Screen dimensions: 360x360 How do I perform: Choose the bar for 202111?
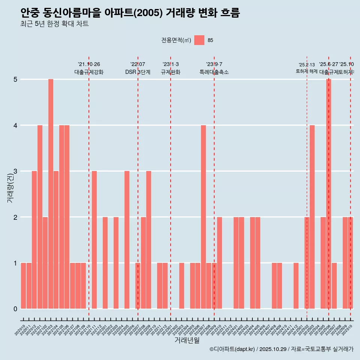tap(94, 240)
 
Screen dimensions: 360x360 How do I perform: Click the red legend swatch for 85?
tap(199, 40)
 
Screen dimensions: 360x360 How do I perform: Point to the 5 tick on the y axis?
tap(15, 79)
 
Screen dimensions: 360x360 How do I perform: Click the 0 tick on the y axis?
tap(15, 309)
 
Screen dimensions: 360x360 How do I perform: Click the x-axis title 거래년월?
tap(187, 340)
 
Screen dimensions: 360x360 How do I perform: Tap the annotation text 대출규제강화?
tap(89, 72)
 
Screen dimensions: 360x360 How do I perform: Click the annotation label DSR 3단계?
tap(138, 72)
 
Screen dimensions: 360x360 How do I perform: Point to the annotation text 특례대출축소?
tap(214, 72)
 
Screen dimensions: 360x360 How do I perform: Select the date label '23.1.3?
tap(171, 64)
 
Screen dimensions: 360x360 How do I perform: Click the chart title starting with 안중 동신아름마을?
tap(130, 13)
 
